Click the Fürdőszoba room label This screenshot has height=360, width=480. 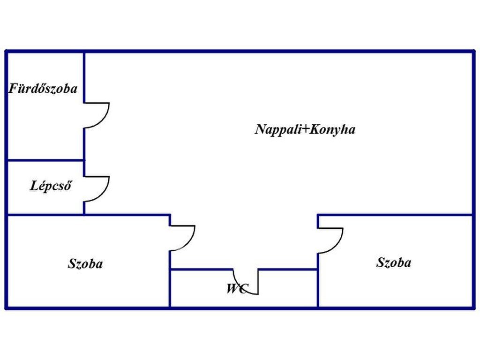pos(43,89)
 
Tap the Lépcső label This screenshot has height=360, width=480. pos(51,186)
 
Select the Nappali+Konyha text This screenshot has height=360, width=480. pos(305,129)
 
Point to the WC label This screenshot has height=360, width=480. pos(237,289)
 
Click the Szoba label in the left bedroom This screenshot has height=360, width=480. pos(85,264)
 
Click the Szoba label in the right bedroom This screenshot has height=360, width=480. pos(394,262)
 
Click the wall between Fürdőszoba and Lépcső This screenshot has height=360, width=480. pos(45,160)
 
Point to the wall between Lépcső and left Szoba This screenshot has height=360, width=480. pos(45,215)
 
